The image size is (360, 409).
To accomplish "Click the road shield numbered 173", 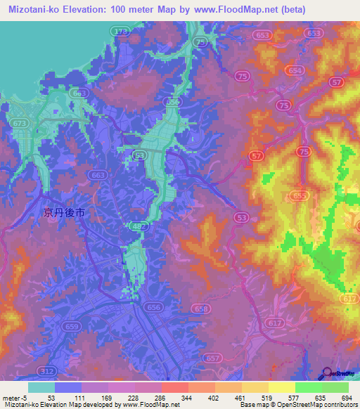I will (x=122, y=32).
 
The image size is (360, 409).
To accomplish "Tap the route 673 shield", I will (x=21, y=123).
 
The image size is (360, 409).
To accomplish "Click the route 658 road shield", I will (x=200, y=309).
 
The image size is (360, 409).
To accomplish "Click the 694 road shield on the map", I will (x=296, y=71).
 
